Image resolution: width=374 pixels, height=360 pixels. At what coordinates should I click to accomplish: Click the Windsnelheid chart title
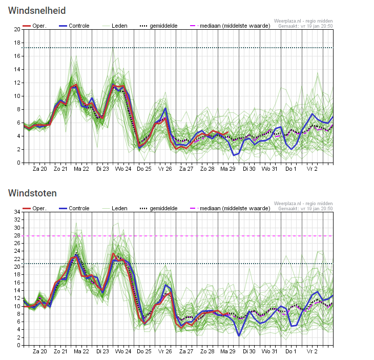37,10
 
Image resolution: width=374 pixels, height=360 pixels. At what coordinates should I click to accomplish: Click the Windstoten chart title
32,193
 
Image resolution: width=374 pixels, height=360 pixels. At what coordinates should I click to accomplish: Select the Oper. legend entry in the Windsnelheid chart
35,26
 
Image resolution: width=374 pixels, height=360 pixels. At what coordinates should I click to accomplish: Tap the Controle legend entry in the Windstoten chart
74,208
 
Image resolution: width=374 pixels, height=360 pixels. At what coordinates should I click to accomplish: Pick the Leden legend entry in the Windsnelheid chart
115,26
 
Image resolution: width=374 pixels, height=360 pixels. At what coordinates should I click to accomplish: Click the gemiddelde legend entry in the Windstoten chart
159,208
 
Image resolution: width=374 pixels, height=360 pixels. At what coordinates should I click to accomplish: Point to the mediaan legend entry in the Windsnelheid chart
230,26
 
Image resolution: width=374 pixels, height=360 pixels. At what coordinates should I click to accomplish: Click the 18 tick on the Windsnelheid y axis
17,43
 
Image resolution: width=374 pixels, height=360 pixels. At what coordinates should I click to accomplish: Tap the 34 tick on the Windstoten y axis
17,212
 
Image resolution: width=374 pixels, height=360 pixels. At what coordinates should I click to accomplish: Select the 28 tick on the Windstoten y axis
17,235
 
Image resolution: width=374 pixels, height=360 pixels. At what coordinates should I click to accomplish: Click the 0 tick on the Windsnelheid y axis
19,163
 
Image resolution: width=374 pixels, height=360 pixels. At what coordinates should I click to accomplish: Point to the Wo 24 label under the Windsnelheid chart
123,169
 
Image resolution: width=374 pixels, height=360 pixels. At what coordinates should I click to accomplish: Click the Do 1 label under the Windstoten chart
291,351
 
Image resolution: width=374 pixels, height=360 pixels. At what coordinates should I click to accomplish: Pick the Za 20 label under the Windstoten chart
40,351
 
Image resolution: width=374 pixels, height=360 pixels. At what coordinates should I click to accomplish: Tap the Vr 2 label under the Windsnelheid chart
312,169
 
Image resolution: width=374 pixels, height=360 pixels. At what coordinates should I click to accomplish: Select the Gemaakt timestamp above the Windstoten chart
305,209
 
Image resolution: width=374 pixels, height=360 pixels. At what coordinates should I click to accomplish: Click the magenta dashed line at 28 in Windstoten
178,236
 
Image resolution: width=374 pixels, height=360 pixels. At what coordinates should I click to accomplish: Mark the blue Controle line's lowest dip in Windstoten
239,336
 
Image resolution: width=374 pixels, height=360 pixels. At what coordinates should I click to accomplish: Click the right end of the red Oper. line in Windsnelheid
228,132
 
